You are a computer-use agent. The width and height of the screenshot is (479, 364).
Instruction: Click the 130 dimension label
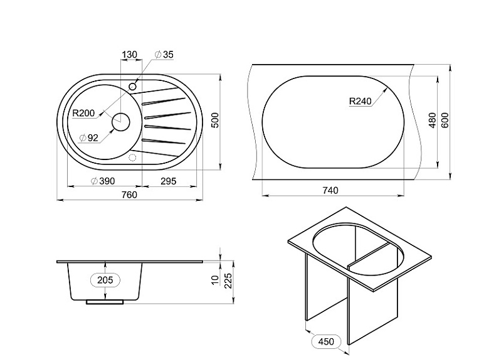click(x=130, y=55)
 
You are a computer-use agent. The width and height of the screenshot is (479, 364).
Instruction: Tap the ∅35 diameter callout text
click(x=164, y=55)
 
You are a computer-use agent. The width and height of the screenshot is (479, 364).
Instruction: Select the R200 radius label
click(x=83, y=113)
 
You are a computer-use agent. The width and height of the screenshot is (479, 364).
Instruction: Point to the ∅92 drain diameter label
click(x=89, y=138)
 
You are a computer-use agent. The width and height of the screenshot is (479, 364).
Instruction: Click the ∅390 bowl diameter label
click(x=103, y=181)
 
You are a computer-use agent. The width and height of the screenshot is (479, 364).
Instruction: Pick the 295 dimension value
click(x=169, y=181)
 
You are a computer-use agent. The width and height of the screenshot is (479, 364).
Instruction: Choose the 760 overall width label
click(x=130, y=195)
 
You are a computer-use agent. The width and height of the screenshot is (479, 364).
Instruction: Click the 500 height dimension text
click(x=215, y=120)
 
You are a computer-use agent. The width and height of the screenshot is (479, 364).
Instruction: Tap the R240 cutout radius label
click(x=360, y=101)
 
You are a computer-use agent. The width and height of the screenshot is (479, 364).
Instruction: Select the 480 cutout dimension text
click(x=432, y=120)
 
